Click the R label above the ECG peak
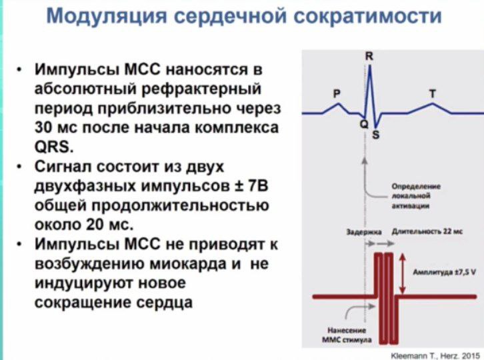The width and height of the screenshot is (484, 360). (369, 57)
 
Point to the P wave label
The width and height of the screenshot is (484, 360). (337, 93)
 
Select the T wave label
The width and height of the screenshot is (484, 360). (433, 93)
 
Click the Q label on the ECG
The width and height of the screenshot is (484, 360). (364, 124)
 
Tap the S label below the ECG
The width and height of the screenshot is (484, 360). (375, 135)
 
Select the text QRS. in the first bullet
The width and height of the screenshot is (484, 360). (54, 147)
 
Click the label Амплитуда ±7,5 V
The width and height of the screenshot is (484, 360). (444, 272)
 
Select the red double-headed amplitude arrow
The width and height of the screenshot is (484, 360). (402, 273)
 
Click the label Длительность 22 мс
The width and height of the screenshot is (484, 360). (427, 231)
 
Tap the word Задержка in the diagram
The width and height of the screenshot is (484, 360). (364, 232)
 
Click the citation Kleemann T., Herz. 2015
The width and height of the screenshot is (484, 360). (435, 356)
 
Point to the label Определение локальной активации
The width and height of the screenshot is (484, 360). (416, 196)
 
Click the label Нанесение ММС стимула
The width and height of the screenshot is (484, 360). (347, 335)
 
